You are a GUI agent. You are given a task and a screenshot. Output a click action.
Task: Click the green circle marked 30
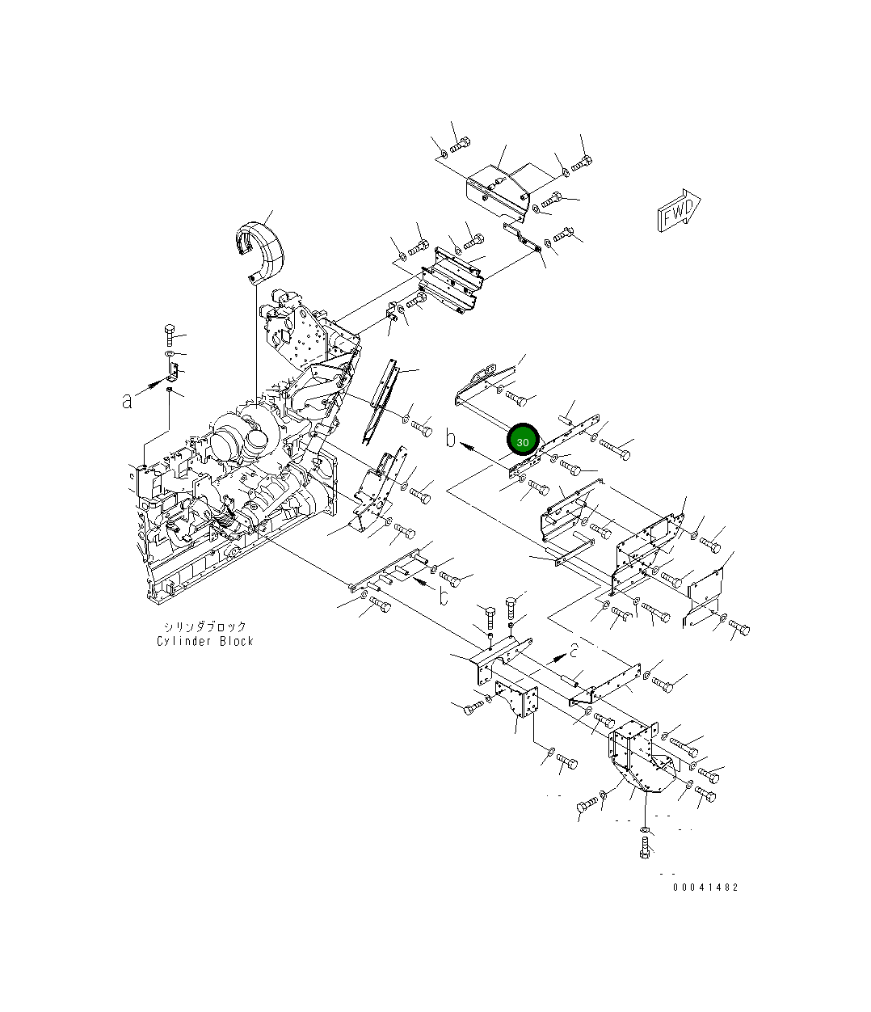[523, 441]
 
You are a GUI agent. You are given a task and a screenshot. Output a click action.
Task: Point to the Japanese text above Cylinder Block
[205, 626]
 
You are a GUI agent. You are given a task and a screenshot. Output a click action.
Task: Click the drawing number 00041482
[705, 887]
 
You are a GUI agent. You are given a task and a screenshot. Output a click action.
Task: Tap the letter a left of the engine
[127, 400]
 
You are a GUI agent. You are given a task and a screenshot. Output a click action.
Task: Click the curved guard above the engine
[260, 242]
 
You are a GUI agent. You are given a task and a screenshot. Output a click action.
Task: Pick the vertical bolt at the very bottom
[644, 848]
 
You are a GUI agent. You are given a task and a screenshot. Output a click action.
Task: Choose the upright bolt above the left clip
[169, 335]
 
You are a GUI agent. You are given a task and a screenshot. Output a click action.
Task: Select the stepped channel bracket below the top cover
[451, 279]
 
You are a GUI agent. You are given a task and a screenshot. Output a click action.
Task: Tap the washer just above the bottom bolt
[644, 829]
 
